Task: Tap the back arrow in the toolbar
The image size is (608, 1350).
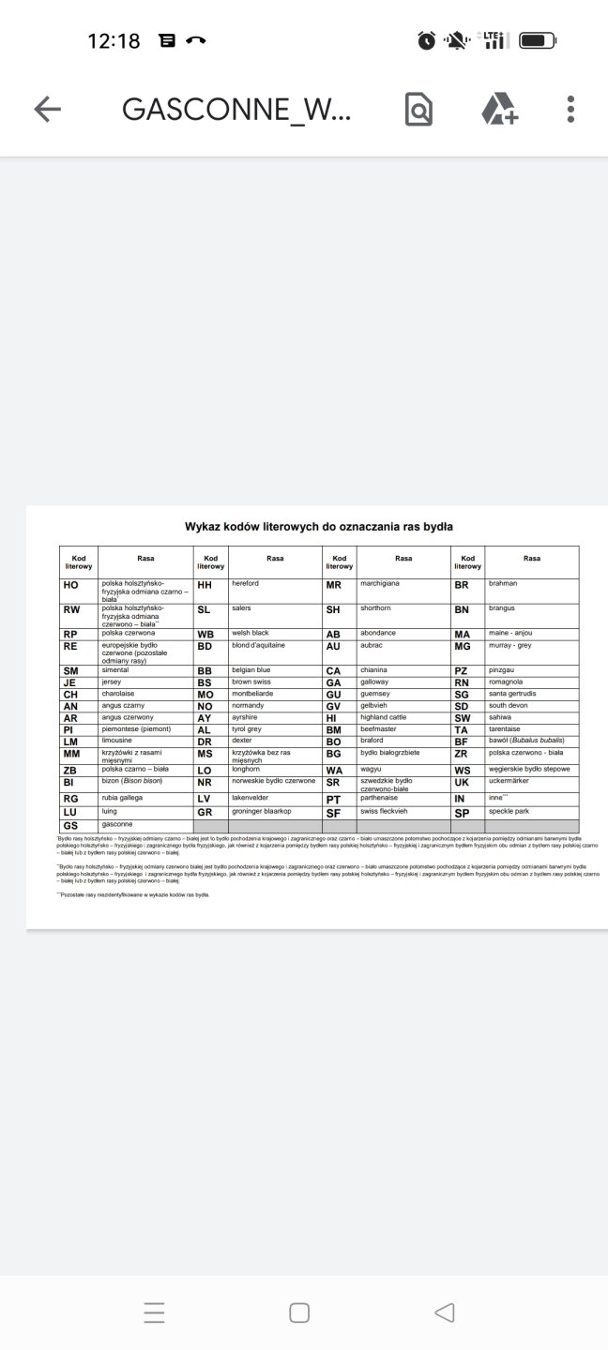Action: click(47, 110)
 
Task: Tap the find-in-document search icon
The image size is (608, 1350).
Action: click(418, 110)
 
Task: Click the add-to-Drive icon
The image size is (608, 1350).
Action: click(499, 110)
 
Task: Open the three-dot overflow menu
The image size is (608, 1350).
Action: click(570, 110)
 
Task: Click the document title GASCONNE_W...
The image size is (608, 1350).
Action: click(236, 110)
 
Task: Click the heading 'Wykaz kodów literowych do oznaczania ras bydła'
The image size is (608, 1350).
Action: click(319, 527)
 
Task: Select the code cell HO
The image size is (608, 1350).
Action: click(71, 585)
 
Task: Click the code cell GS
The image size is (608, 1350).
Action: click(70, 826)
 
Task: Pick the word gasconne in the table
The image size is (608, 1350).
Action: click(117, 824)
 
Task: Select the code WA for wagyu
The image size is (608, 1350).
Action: click(334, 772)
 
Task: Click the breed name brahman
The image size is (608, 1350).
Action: click(503, 583)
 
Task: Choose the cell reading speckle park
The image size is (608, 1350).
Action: click(509, 811)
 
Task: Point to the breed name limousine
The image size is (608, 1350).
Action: click(117, 740)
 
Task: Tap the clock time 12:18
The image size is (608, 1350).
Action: click(114, 40)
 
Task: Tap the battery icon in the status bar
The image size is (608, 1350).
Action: click(538, 40)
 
